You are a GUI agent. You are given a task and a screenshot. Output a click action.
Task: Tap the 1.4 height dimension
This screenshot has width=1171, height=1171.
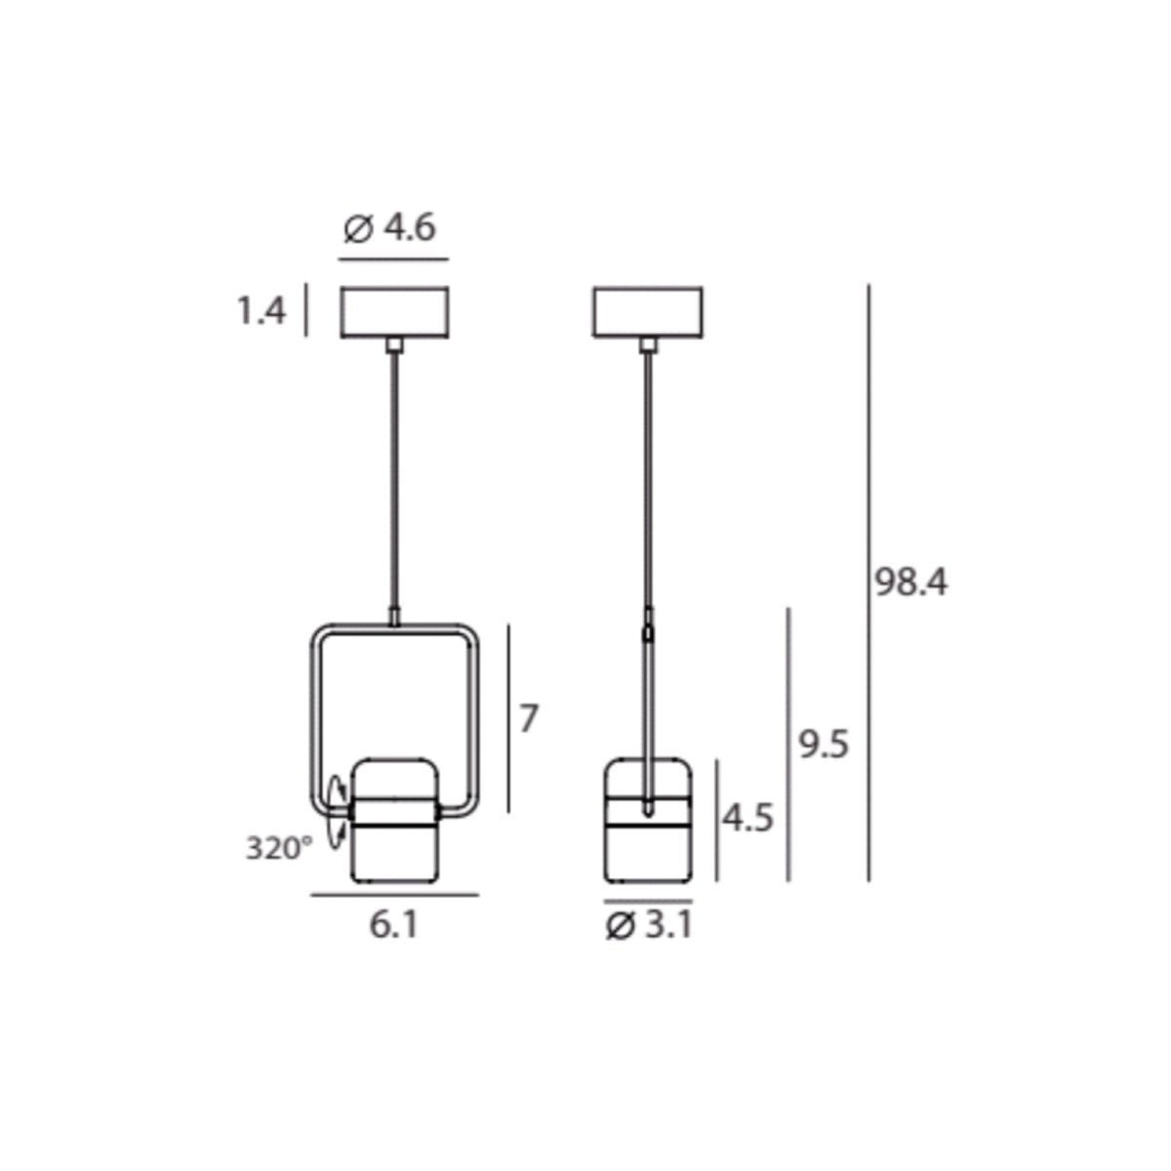(x=261, y=311)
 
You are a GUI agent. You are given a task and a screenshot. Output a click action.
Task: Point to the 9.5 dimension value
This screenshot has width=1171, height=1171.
(x=824, y=746)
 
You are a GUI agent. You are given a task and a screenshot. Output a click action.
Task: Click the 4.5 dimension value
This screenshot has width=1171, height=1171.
(x=747, y=818)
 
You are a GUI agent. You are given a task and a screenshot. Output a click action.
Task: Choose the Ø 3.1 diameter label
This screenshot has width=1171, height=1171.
(x=648, y=924)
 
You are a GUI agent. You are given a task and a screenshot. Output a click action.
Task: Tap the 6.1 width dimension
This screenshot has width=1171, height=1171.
(x=394, y=924)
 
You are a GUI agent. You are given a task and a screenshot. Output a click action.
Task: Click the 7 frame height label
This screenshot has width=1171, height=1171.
(x=528, y=718)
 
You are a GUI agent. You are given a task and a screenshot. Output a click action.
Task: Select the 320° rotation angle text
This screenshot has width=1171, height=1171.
(x=278, y=848)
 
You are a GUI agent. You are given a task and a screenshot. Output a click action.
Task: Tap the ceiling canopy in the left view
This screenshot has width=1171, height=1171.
(x=394, y=312)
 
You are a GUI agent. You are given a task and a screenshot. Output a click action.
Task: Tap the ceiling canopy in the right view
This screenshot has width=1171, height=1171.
(x=647, y=312)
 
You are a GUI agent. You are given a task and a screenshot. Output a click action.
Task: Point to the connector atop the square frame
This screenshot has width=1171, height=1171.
(x=394, y=617)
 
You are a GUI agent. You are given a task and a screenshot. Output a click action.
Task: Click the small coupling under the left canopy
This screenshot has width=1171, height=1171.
(x=394, y=344)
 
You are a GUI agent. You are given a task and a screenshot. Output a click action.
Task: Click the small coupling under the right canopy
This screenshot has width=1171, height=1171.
(x=647, y=344)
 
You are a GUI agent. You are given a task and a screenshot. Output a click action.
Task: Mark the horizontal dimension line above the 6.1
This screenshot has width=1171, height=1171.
(x=394, y=894)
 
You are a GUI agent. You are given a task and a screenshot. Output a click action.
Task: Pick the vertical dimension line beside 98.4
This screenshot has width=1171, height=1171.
(x=868, y=583)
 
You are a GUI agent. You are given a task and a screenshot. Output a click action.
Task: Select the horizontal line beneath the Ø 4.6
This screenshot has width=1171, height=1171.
(x=393, y=260)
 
